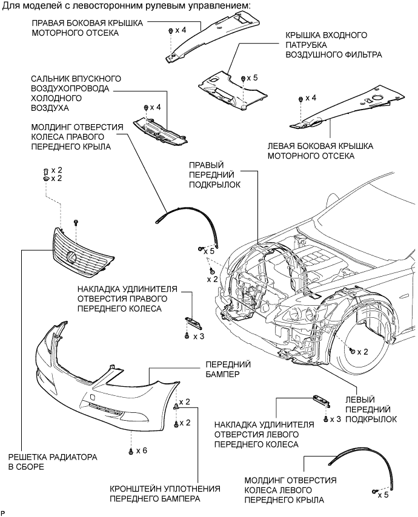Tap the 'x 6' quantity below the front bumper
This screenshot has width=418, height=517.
click(142, 450)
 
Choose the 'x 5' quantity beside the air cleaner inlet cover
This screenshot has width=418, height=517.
click(252, 78)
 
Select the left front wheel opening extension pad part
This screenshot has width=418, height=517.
click(321, 399)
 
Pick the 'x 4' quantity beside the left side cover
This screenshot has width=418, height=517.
click(311, 97)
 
